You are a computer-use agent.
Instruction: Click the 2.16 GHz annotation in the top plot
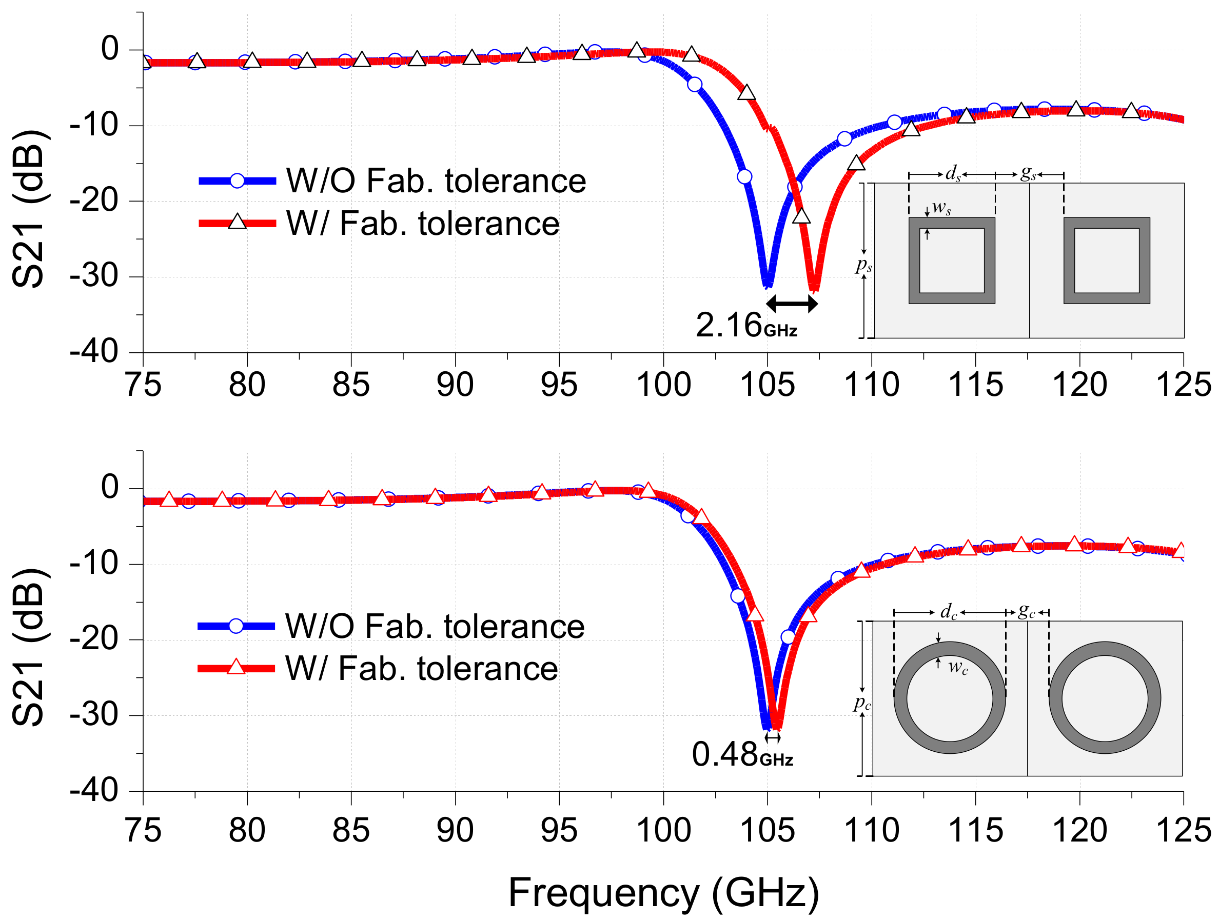pos(745,326)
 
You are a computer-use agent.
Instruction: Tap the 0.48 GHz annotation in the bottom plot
pos(741,755)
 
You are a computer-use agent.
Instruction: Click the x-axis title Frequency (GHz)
pos(663,892)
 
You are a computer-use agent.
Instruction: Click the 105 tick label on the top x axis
pos(767,385)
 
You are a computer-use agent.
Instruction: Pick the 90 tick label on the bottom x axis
pos(455,830)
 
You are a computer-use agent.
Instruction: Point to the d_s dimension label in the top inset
pos(953,173)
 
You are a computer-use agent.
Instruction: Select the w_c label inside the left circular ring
pos(958,668)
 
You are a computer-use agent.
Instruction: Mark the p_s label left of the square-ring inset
pos(863,266)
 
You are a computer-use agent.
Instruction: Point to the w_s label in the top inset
pos(941,208)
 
